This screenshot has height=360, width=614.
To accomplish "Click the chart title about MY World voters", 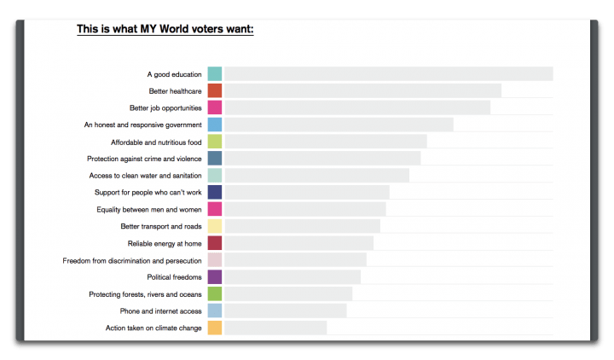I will pos(165,29).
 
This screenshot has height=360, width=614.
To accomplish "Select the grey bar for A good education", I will pos(388,74).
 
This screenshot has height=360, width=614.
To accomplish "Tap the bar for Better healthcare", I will pos(362,91).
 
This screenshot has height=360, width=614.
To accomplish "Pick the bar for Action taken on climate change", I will pos(275,328).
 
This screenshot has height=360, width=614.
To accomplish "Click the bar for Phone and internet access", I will pos(285,311).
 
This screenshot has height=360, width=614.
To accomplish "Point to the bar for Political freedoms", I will pos(293,277).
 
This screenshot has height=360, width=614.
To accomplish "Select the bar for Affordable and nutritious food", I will pos(325,142).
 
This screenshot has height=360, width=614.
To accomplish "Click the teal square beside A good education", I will pos(215,74).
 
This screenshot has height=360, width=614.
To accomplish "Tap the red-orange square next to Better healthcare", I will pos(215,91).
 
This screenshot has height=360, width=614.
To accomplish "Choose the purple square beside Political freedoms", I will pos(215,277).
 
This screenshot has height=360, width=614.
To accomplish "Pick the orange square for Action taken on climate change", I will pos(215,328).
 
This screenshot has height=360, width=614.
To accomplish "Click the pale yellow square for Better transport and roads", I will pos(215,226).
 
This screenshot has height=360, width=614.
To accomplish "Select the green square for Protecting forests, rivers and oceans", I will pos(215,294).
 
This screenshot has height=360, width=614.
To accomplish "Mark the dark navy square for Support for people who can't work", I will pos(215,192).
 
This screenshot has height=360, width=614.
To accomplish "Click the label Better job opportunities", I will pos(165,108).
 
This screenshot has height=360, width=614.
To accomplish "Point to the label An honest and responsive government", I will pos(142,125).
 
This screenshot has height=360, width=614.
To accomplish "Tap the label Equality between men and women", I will pos(149,209).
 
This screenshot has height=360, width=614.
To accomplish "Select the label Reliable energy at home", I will pos(165,243).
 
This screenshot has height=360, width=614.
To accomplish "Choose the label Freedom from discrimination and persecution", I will pos(132,260).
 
